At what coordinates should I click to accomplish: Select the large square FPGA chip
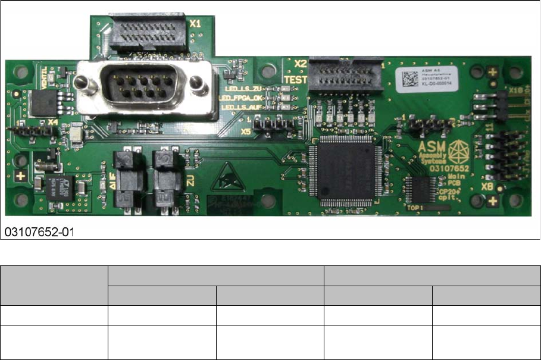point(345,171)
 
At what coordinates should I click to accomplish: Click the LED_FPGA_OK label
point(241,97)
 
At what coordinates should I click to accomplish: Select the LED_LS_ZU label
point(244,87)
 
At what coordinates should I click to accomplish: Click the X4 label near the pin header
point(53,122)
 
